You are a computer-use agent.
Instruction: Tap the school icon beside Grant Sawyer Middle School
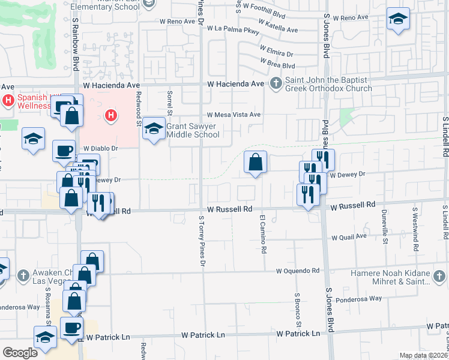pos(154,128)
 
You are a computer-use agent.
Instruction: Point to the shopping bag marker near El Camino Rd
pos(255,161)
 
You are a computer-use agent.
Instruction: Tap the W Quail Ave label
pos(349,237)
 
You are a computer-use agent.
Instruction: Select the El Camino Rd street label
pos(262,234)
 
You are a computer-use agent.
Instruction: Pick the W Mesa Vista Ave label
pos(234,115)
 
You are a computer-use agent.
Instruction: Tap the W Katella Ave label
pos(280,29)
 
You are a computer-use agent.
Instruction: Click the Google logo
pos(20,352)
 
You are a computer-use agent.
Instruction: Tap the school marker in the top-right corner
pos(397,19)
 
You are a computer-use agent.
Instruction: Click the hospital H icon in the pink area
pos(110,116)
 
